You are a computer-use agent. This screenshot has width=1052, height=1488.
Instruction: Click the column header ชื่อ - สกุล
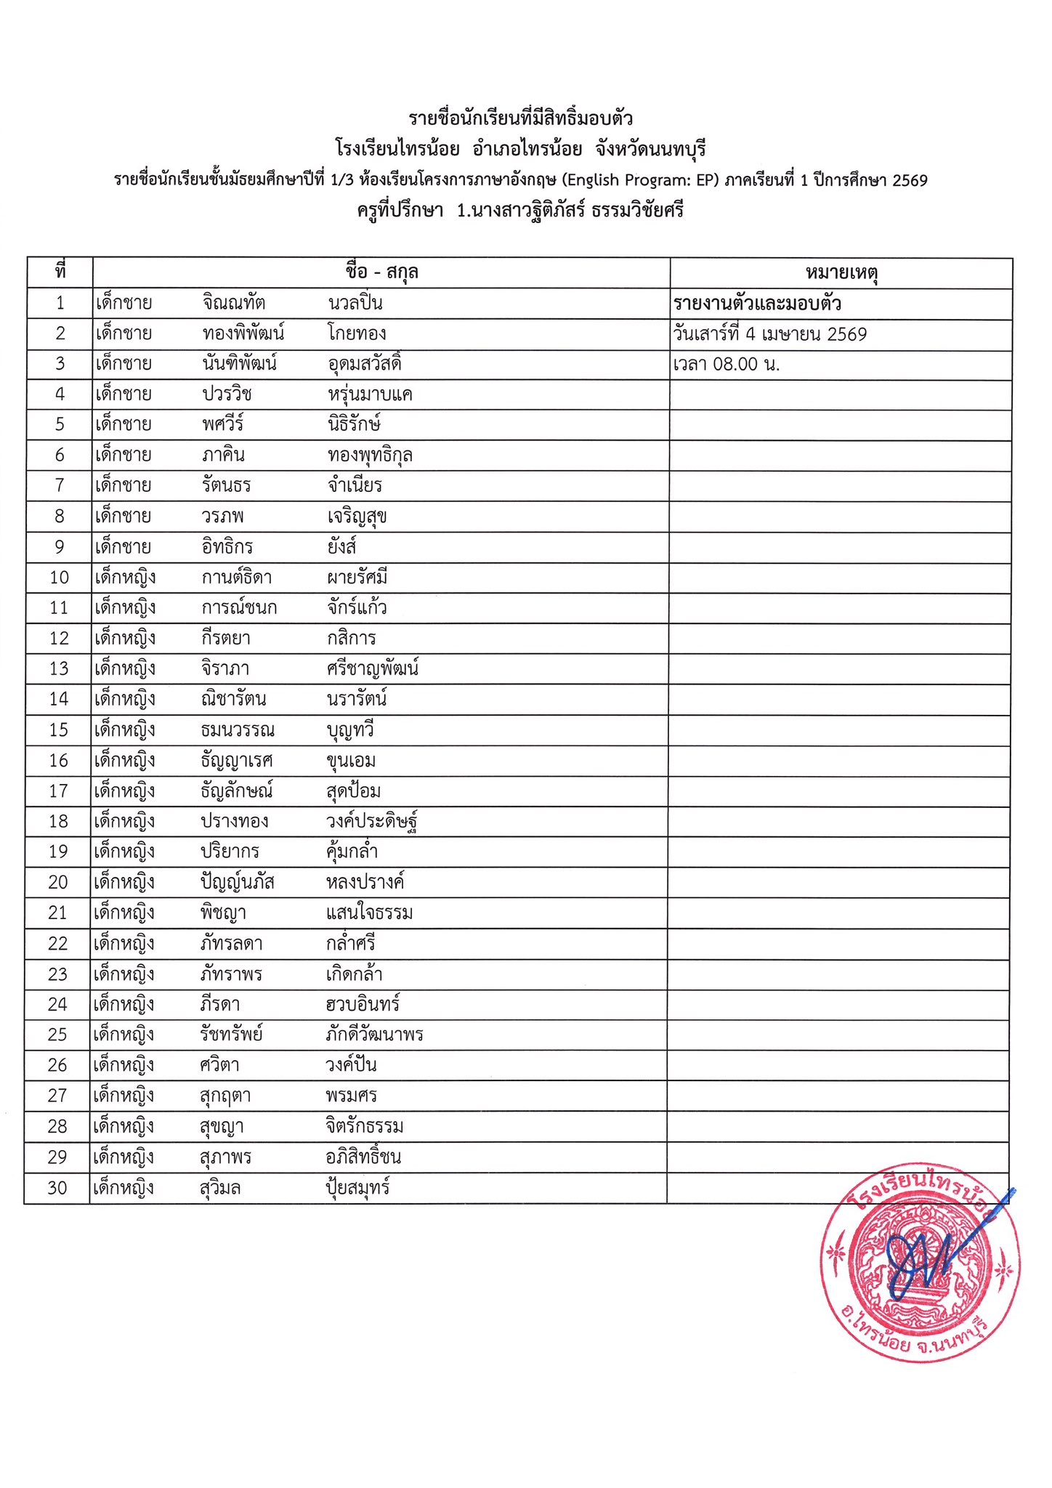(381, 272)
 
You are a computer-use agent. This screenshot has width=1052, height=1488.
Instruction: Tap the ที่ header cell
(60, 272)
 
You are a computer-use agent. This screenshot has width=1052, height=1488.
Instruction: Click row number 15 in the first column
(59, 729)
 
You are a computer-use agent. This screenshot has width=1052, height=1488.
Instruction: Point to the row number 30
(57, 1188)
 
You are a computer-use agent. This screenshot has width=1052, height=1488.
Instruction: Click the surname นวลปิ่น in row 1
(355, 303)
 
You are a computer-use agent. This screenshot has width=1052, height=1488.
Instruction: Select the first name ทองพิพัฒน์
(243, 333)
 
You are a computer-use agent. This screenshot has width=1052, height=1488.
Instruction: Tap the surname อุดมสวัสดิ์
(365, 363)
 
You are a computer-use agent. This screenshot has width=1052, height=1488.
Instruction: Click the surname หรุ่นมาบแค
(370, 395)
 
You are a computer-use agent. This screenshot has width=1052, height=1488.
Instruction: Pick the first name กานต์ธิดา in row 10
(237, 578)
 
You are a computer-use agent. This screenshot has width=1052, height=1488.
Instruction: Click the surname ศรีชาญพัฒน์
(373, 668)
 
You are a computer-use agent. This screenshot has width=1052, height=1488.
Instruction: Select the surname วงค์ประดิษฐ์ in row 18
(372, 822)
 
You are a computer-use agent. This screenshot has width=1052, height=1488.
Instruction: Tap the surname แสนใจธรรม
(369, 913)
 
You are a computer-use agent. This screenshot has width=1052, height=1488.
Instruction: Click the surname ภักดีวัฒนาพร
(374, 1035)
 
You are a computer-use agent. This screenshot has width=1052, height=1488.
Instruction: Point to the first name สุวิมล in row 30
(220, 1189)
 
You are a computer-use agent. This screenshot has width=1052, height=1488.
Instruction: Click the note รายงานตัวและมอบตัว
(757, 303)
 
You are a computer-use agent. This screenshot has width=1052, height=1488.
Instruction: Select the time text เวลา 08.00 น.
(727, 364)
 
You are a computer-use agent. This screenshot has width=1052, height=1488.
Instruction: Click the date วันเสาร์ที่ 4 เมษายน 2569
(770, 334)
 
